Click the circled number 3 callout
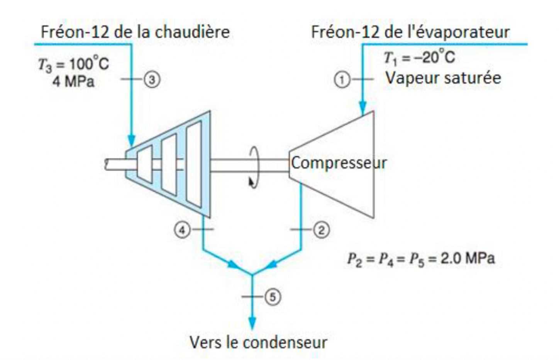click(x=152, y=80)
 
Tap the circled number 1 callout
click(x=342, y=80)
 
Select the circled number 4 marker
click(x=182, y=230)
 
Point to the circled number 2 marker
click(x=321, y=230)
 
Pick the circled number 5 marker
click(x=273, y=297)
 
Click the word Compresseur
click(x=339, y=163)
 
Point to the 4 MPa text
click(x=73, y=82)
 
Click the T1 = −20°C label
click(x=419, y=58)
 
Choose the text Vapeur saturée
click(x=443, y=78)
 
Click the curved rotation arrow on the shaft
click(x=253, y=167)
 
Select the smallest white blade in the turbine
click(x=145, y=165)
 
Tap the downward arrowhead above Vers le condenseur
click(x=252, y=322)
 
